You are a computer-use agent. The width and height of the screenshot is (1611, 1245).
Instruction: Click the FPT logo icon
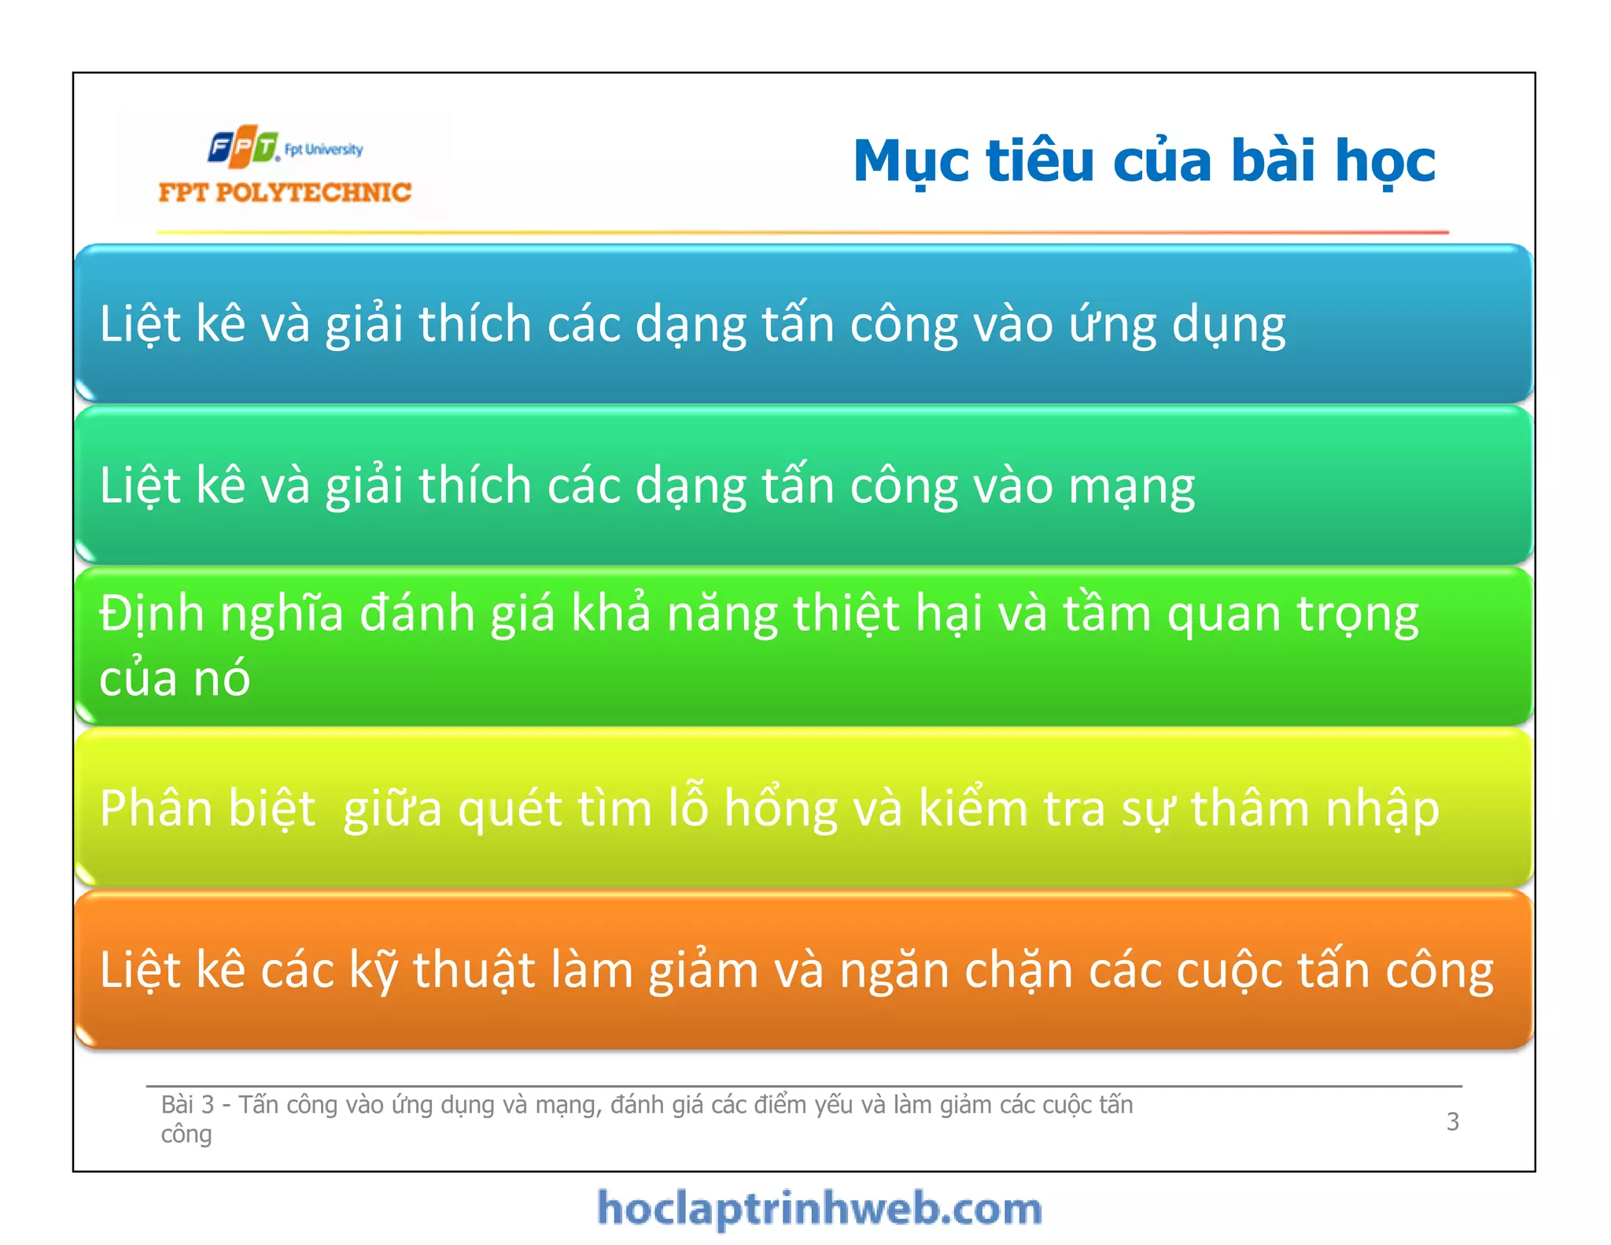(243, 146)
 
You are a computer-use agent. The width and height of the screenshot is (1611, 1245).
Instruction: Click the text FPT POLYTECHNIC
(285, 192)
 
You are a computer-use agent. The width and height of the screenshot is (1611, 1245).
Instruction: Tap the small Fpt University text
(324, 150)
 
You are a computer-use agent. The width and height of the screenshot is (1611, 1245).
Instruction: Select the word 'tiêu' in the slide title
(1040, 161)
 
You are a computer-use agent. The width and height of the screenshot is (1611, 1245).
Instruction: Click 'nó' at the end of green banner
(221, 678)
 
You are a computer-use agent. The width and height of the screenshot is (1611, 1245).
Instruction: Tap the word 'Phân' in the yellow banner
(152, 809)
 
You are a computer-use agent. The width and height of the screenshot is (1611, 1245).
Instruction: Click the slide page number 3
(1452, 1121)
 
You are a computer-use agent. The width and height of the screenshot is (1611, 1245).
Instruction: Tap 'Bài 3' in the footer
(187, 1105)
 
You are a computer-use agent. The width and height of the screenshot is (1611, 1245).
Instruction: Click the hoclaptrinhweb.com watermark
(820, 1209)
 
